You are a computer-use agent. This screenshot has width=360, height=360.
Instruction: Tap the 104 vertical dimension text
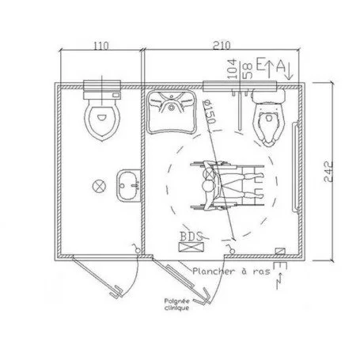[231, 67]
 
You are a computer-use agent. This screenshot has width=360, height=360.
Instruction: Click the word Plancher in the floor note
[214, 271]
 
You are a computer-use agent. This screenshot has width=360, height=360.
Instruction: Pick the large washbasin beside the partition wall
[169, 112]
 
